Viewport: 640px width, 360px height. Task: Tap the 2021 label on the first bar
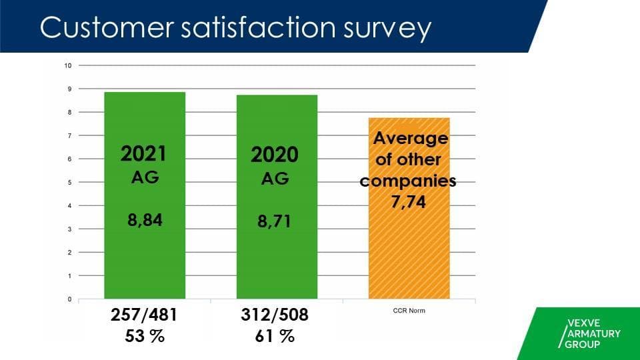(x=143, y=154)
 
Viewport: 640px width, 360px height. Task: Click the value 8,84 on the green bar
(x=145, y=219)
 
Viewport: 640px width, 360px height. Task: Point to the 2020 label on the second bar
(x=275, y=155)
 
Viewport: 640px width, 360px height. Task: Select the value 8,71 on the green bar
(x=275, y=220)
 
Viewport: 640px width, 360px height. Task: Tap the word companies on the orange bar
(x=408, y=181)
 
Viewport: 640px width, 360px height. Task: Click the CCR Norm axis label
(x=408, y=311)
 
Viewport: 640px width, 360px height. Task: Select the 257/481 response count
(x=144, y=315)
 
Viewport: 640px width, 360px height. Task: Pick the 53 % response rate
(x=144, y=336)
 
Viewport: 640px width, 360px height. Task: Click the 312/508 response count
(x=275, y=315)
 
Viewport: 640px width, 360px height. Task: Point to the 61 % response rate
(x=275, y=336)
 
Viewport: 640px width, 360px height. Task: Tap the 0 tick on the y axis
(x=68, y=299)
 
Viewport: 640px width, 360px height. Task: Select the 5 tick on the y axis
(x=68, y=183)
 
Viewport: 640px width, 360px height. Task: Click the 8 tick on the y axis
(x=68, y=112)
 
